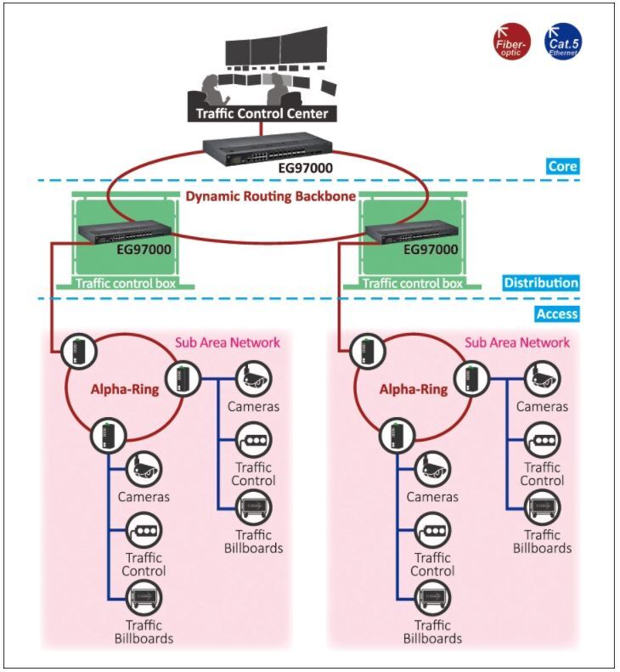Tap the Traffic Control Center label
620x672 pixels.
tap(262, 113)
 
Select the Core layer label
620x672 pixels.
tap(562, 166)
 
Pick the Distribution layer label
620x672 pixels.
tap(541, 283)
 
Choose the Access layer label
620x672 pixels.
tap(556, 314)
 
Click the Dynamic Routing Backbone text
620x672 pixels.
tap(269, 196)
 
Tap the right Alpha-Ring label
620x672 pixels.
tap(414, 390)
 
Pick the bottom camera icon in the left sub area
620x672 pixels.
tap(144, 468)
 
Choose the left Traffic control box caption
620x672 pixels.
tap(125, 283)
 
